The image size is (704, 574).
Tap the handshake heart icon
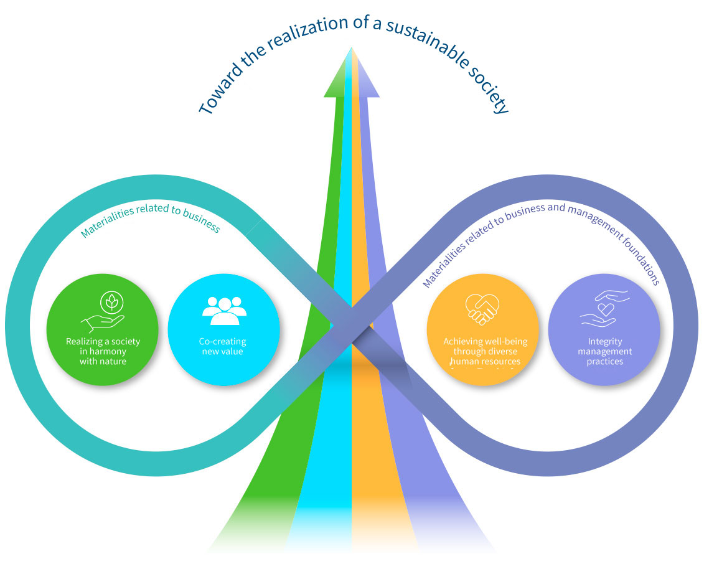[482, 309]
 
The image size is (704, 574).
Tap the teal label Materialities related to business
[150, 218]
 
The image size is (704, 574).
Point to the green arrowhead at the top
[336, 81]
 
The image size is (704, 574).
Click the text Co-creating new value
[222, 346]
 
